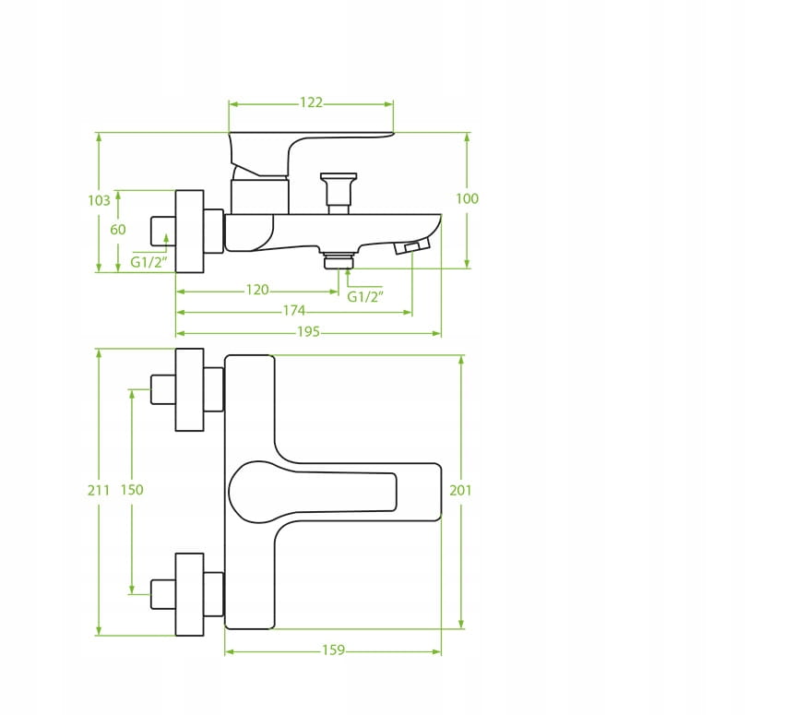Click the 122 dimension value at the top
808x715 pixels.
(311, 102)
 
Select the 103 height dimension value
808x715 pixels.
(99, 200)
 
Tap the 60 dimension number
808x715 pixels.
(118, 230)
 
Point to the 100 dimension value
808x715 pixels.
(468, 198)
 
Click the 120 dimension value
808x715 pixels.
(257, 290)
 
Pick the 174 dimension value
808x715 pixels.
(293, 311)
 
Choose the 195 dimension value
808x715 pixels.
(308, 331)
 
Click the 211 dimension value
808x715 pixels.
(99, 490)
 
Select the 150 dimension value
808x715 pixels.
(132, 490)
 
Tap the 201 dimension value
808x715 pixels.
(460, 490)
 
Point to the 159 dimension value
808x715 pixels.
(333, 650)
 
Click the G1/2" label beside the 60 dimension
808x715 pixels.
(149, 262)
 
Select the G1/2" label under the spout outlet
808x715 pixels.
(365, 296)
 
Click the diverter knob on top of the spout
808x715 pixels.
(339, 194)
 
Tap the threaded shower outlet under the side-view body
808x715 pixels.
(339, 260)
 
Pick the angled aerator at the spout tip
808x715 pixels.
(411, 246)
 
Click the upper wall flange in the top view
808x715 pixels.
(190, 389)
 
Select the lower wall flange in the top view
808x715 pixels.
(190, 594)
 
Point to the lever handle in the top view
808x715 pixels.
(313, 492)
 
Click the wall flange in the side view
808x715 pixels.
(190, 231)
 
